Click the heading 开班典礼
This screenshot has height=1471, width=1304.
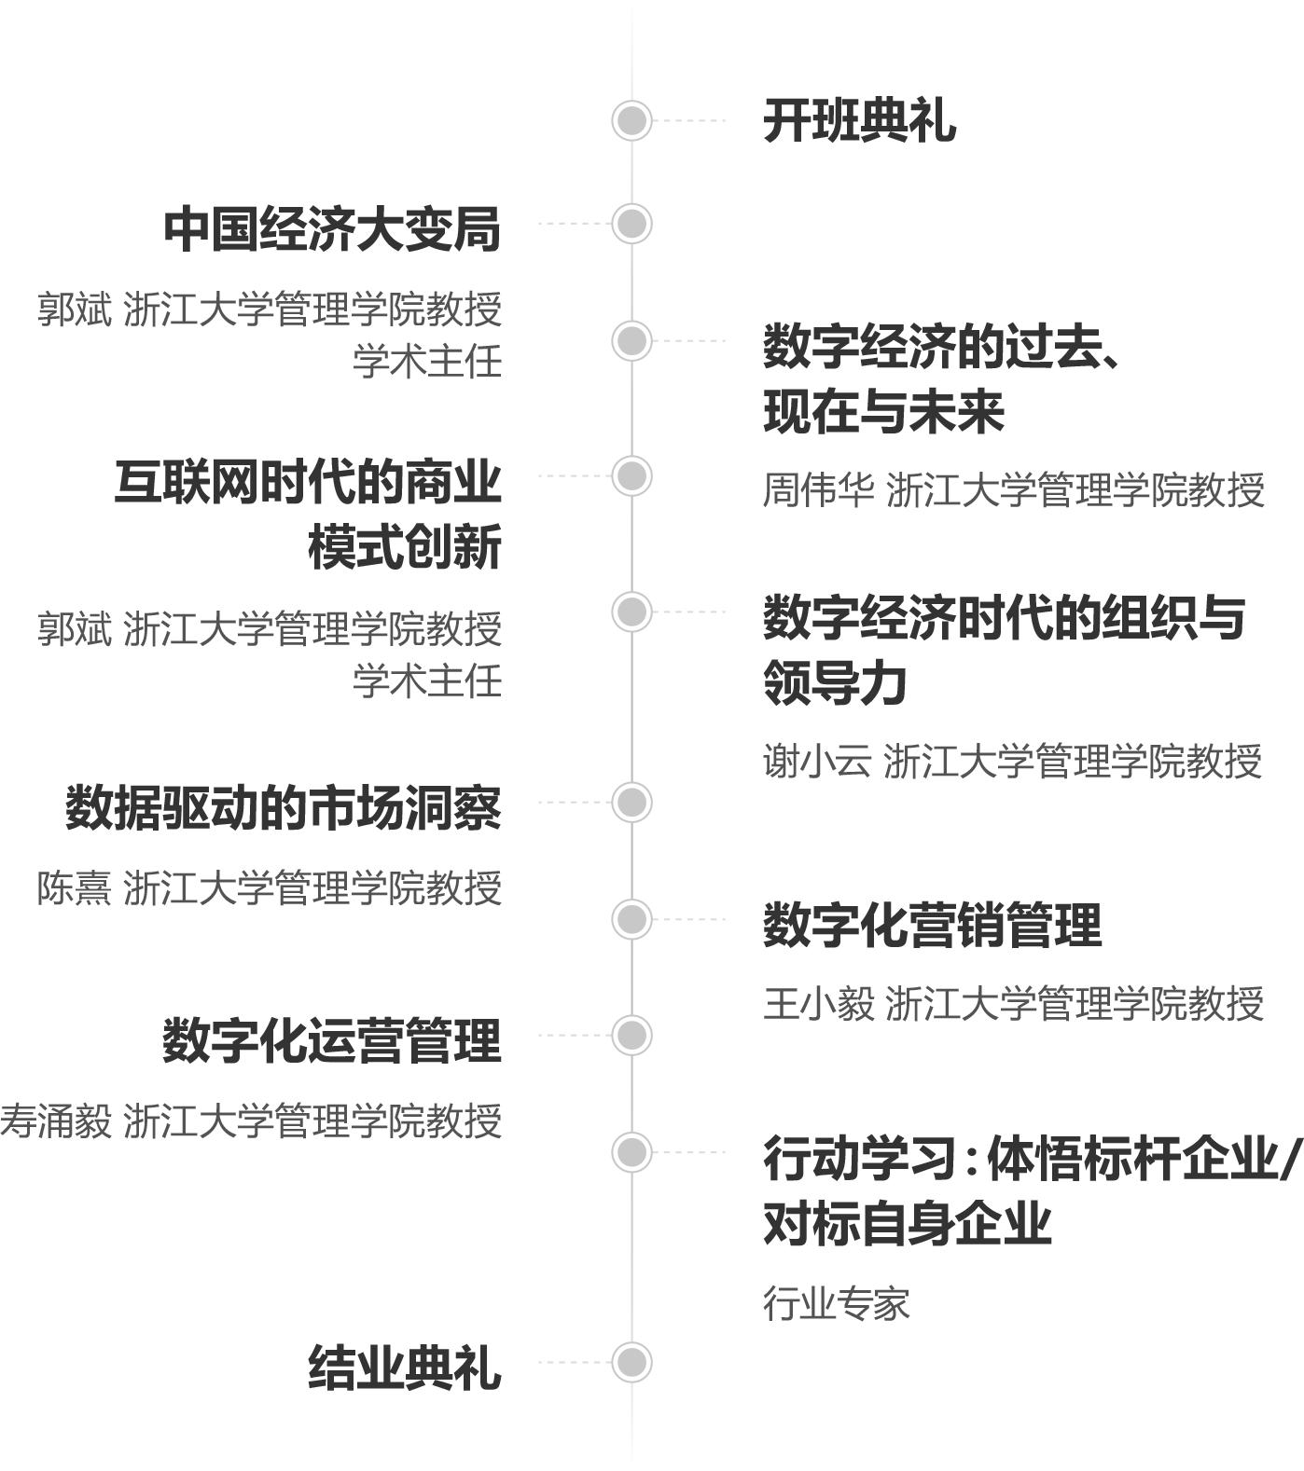[x=859, y=121]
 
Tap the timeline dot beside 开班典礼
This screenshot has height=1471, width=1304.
[x=631, y=120]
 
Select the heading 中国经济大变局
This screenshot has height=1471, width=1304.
[x=333, y=229]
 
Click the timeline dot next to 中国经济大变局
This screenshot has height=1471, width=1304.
[x=631, y=224]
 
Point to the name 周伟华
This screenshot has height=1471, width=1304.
[x=818, y=490]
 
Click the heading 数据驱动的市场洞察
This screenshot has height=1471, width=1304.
[x=284, y=807]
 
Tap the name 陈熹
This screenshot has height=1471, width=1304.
[x=74, y=888]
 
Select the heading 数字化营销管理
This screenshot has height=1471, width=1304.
[x=932, y=925]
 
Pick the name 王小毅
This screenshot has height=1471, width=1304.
[x=818, y=1004]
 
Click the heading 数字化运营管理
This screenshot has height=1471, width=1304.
[x=333, y=1040]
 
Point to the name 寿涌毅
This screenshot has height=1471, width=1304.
[x=56, y=1120]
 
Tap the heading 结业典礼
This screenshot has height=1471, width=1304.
[x=405, y=1368]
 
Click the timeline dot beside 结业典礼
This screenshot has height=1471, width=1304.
[x=631, y=1362]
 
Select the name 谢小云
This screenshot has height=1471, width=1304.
[x=817, y=762]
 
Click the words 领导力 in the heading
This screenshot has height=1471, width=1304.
[x=835, y=682]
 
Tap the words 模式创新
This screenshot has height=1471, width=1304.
[x=405, y=546]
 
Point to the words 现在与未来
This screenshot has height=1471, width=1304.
[x=883, y=412]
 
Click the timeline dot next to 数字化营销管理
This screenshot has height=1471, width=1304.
[x=631, y=919]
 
